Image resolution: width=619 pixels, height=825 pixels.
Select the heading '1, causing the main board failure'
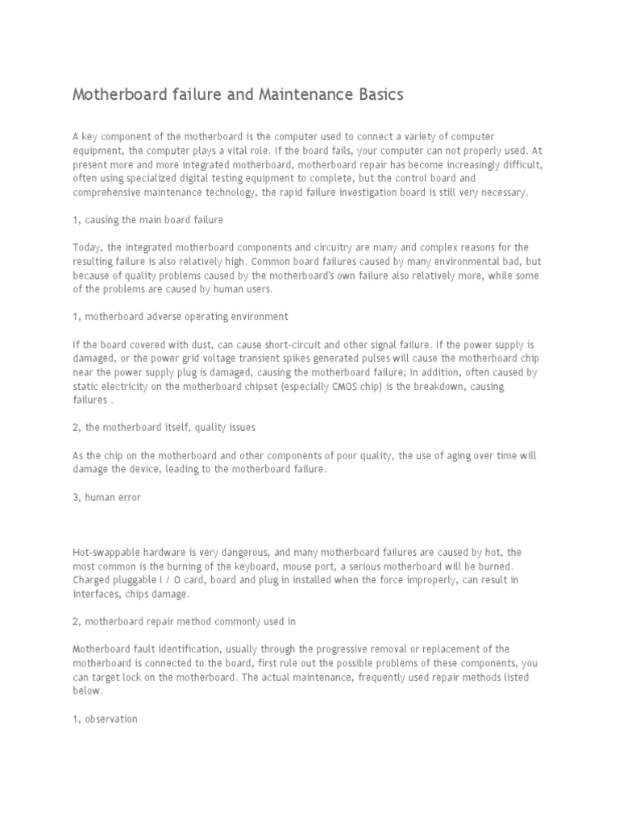point(147,219)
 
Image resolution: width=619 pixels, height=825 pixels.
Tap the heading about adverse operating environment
point(181,317)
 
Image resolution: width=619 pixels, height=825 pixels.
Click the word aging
point(464,455)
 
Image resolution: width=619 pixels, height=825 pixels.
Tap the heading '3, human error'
point(106,497)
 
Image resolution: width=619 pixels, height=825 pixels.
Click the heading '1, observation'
point(105,719)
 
